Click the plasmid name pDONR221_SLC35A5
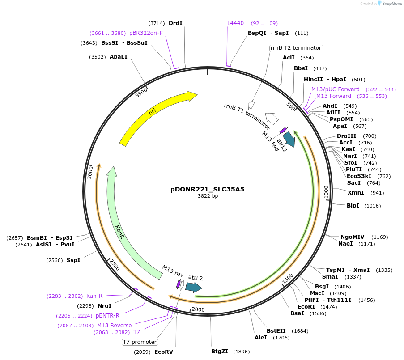(x=207, y=189)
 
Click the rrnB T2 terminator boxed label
(x=296, y=48)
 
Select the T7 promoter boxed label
(x=140, y=342)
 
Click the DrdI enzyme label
(x=175, y=23)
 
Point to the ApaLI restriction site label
(x=119, y=57)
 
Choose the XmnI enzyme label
(x=356, y=193)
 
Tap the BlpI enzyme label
(x=353, y=206)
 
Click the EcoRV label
(x=163, y=352)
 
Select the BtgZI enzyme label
(x=220, y=352)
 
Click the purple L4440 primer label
(x=235, y=23)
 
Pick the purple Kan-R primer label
(x=94, y=296)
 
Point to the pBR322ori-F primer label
(x=146, y=33)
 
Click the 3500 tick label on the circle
(x=141, y=93)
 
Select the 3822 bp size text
(x=208, y=196)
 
